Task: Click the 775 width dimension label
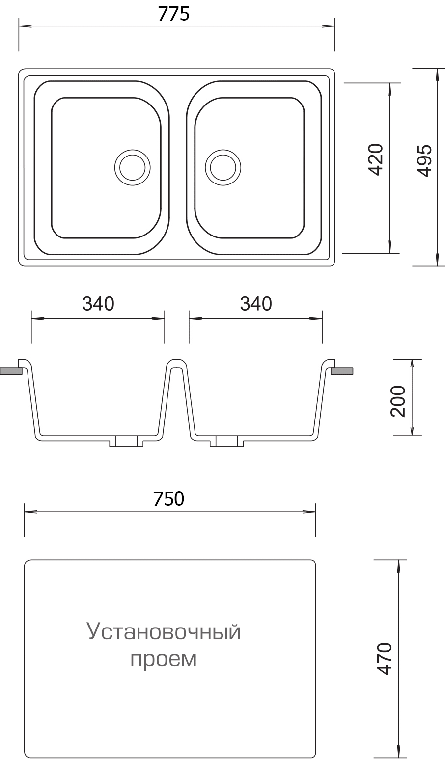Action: coord(174,14)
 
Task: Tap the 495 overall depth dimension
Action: coord(424,160)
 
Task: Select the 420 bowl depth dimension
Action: coord(375,159)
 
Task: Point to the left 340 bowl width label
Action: coord(98,304)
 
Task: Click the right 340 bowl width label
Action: coord(256,304)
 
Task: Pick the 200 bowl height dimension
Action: coord(398,401)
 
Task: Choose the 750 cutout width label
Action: coord(168,499)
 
